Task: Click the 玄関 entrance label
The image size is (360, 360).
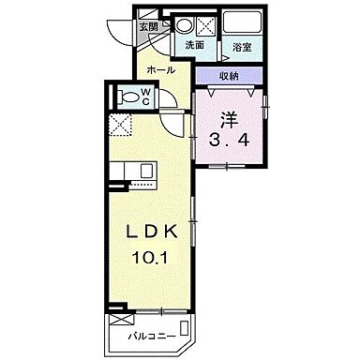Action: [150, 26]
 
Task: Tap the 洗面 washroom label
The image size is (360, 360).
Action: [195, 45]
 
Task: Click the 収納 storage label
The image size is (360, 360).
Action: [230, 78]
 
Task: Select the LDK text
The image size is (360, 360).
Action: [148, 230]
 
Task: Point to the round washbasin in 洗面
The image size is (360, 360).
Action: [185, 25]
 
